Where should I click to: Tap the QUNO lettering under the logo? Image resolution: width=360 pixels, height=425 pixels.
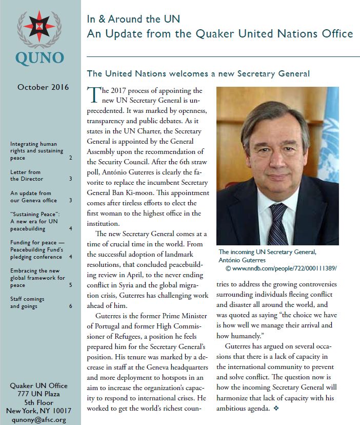(39, 57)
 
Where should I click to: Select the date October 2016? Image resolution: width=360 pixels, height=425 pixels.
(43, 87)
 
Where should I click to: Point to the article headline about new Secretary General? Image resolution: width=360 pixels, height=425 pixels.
(198, 73)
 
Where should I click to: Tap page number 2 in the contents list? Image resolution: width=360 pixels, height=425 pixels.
(71, 158)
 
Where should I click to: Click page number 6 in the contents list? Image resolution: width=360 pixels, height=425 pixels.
(71, 306)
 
